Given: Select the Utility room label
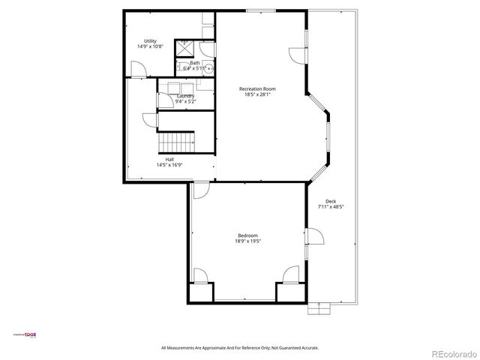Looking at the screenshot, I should pyautogui.click(x=150, y=40).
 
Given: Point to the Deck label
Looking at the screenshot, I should pyautogui.click(x=331, y=201).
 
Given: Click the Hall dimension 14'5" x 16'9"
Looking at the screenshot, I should pyautogui.click(x=169, y=164).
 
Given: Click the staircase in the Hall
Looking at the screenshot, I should pyautogui.click(x=178, y=141).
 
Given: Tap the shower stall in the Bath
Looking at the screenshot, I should pyautogui.click(x=184, y=47).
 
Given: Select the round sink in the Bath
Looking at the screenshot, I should pyautogui.click(x=210, y=67).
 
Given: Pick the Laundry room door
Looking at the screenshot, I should pyautogui.click(x=148, y=118).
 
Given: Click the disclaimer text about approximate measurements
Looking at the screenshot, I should pyautogui.click(x=240, y=347).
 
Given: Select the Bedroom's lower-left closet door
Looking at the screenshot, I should pyautogui.click(x=199, y=275).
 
